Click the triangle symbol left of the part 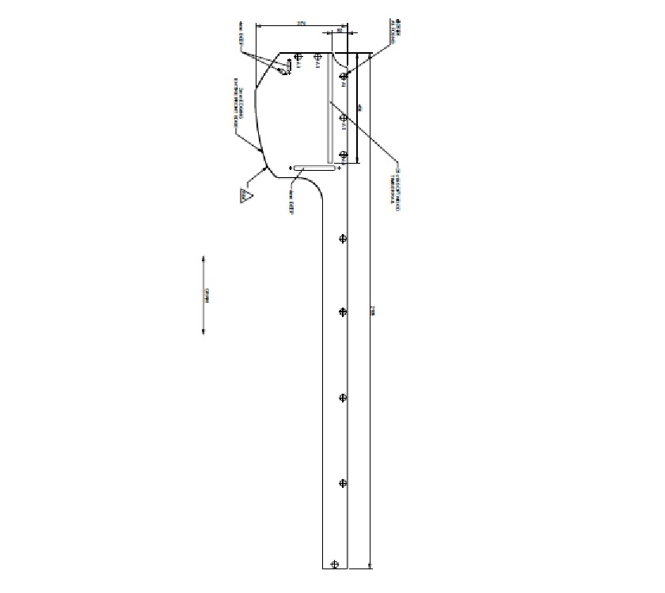(247, 195)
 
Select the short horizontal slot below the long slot (315, 168)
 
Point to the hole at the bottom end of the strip (335, 564)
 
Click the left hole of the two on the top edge (298, 57)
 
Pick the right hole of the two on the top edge (317, 57)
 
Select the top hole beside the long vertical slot (343, 77)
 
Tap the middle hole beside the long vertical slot (343, 119)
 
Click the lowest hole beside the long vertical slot (343, 155)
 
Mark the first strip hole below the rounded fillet (343, 239)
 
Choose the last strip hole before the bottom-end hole (343, 482)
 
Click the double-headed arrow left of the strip (203, 295)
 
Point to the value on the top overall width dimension (301, 24)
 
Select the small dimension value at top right (340, 30)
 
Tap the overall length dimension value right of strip (374, 313)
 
